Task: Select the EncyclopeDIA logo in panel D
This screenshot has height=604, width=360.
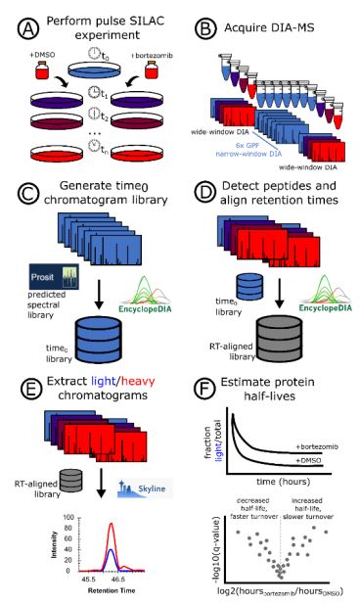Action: pyautogui.click(x=304, y=288)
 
